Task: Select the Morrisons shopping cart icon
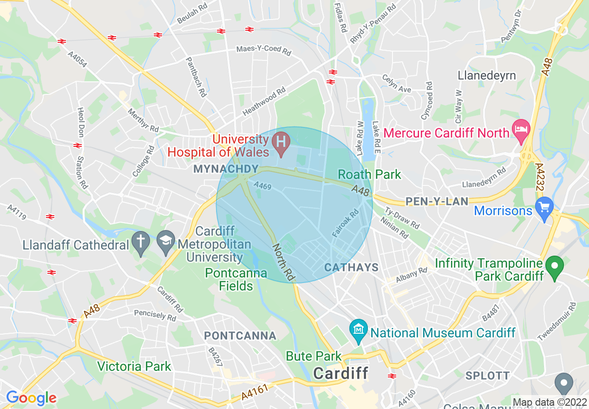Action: tap(544, 205)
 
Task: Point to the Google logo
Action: tap(31, 398)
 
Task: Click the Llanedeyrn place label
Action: tap(486, 75)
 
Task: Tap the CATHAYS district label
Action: tap(351, 267)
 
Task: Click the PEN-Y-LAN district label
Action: tap(437, 201)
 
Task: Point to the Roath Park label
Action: tap(369, 174)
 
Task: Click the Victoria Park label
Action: tap(134, 366)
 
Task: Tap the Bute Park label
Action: tap(314, 356)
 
